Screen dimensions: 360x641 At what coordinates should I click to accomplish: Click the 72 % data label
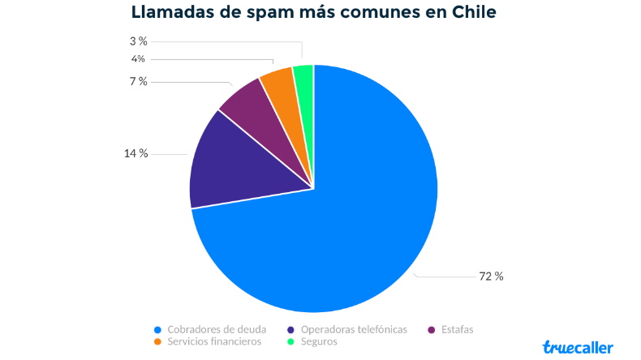coord(491,276)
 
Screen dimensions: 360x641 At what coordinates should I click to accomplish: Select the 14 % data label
coord(136,152)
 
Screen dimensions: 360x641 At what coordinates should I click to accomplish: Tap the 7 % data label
coord(138,81)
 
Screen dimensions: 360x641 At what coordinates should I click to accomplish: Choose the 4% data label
coord(138,58)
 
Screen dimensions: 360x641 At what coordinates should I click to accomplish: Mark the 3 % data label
coord(138,41)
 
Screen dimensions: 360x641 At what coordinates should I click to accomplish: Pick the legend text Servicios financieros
coord(214,341)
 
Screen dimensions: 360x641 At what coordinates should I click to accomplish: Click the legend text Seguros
coord(319,341)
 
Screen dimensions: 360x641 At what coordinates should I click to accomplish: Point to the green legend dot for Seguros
coord(291,342)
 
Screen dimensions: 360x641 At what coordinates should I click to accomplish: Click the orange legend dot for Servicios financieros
coord(158,342)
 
